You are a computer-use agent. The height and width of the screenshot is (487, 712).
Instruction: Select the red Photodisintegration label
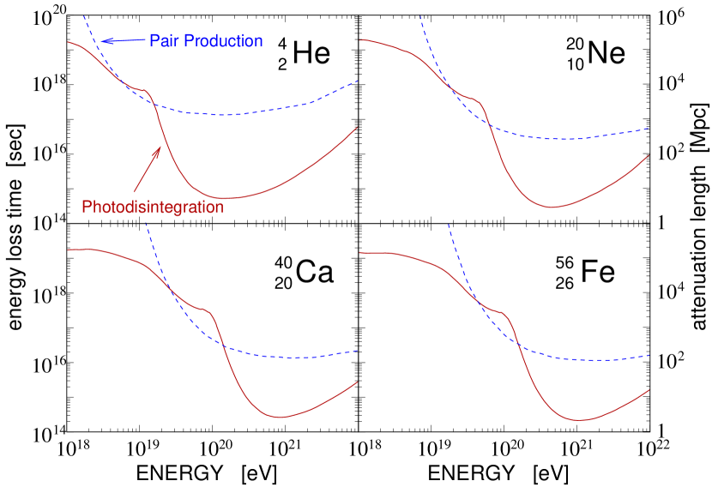tap(152, 207)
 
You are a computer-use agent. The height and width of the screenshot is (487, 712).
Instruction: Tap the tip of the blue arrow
tap(101, 39)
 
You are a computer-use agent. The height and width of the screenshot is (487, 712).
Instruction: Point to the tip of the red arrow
tap(160, 147)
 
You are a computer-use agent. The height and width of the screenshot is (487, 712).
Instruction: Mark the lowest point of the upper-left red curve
tap(226, 198)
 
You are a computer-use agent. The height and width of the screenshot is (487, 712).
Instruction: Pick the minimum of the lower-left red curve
tap(281, 417)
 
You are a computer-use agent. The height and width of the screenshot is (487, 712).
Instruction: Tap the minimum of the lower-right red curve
tap(580, 420)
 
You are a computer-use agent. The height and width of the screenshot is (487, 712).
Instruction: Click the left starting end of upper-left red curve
tap(69, 41)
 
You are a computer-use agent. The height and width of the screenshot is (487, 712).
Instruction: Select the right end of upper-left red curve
tap(357, 128)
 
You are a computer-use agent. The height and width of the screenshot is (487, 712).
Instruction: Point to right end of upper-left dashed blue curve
tap(358, 81)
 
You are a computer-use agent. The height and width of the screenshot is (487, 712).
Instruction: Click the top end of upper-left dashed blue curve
tap(83, 15)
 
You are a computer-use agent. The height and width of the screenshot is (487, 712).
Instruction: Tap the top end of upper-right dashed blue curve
tap(419, 15)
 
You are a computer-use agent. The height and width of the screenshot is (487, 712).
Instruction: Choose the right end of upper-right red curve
tap(649, 155)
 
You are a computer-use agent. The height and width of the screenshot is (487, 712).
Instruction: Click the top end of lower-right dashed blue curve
tap(449, 224)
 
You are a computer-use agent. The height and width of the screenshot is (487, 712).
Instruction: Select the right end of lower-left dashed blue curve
tap(358, 350)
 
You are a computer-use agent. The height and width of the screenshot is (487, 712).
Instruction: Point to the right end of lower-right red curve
tap(649, 389)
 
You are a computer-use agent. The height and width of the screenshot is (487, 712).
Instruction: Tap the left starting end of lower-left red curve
tap(69, 250)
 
